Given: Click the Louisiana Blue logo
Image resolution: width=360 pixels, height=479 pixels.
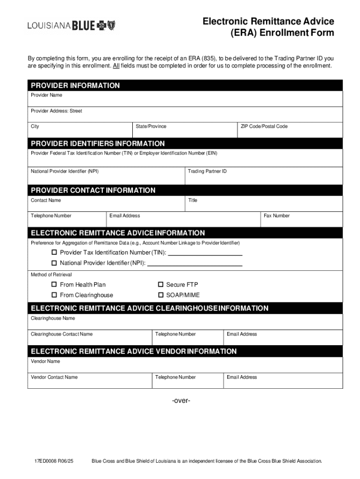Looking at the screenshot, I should pyautogui.click(x=71, y=26).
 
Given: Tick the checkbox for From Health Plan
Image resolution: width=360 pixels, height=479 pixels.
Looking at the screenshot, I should pyautogui.click(x=54, y=284).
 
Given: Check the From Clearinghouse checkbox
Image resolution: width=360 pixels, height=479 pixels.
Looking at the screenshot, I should pyautogui.click(x=54, y=295).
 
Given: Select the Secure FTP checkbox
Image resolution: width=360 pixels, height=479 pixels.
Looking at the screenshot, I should pyautogui.click(x=160, y=284).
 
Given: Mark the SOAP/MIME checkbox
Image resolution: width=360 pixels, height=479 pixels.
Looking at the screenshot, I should pyautogui.click(x=160, y=295).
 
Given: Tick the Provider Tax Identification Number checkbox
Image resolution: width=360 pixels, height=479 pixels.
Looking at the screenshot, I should pyautogui.click(x=54, y=253).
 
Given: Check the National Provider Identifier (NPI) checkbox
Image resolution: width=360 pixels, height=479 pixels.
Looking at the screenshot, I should pyautogui.click(x=54, y=263).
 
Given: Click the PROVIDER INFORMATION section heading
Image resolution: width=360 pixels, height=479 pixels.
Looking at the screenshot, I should pyautogui.click(x=75, y=86).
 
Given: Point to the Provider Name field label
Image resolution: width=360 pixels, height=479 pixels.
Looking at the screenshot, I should pyautogui.click(x=46, y=95).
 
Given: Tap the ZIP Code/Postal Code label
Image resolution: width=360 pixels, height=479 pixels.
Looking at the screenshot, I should pyautogui.click(x=264, y=126).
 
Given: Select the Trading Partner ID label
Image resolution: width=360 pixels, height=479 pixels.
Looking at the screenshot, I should pyautogui.click(x=207, y=172).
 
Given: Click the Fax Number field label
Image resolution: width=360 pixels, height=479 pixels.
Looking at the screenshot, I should pyautogui.click(x=277, y=216).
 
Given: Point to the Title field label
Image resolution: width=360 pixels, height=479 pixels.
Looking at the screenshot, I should pyautogui.click(x=193, y=200).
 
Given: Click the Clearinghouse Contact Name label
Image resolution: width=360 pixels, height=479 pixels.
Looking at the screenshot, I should pyautogui.click(x=62, y=334).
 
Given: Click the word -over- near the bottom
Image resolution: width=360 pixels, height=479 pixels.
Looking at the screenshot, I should pyautogui.click(x=181, y=401).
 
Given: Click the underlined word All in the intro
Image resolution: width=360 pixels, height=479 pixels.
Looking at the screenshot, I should pyautogui.click(x=116, y=66).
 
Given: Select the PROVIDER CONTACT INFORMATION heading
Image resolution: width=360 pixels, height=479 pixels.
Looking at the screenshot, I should pyautogui.click(x=93, y=190).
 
